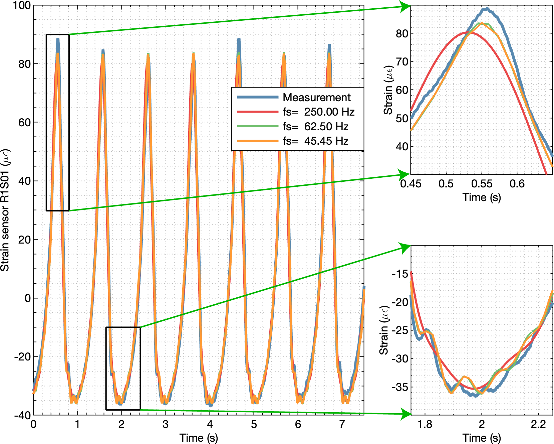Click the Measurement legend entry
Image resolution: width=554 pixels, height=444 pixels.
(316, 98)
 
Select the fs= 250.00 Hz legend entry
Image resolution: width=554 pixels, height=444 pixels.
(318, 112)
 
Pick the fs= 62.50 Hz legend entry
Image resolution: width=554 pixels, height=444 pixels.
(315, 127)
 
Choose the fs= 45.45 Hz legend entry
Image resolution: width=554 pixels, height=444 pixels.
(315, 141)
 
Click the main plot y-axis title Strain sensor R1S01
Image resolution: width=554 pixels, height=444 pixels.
(5, 210)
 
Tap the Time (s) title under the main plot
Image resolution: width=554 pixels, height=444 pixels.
(199, 438)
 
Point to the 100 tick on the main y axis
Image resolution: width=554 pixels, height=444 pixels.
(21, 6)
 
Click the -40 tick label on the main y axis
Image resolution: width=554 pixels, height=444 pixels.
(22, 415)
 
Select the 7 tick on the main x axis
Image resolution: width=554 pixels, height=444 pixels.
(342, 424)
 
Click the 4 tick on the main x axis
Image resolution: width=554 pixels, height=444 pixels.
(210, 424)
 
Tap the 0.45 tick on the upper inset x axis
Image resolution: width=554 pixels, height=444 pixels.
(411, 184)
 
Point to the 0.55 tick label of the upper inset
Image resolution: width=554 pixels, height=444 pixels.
(482, 184)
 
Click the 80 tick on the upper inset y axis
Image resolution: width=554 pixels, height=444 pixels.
(402, 33)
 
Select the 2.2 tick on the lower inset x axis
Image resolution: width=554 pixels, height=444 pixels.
(538, 424)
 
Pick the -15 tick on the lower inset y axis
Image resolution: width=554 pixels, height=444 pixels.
(400, 274)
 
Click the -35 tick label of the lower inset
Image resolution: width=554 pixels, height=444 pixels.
(400, 387)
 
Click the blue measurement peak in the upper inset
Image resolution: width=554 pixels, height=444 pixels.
(487, 9)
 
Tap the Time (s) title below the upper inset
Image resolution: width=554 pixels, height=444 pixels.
(482, 197)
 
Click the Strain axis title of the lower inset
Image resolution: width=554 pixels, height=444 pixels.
(384, 330)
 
